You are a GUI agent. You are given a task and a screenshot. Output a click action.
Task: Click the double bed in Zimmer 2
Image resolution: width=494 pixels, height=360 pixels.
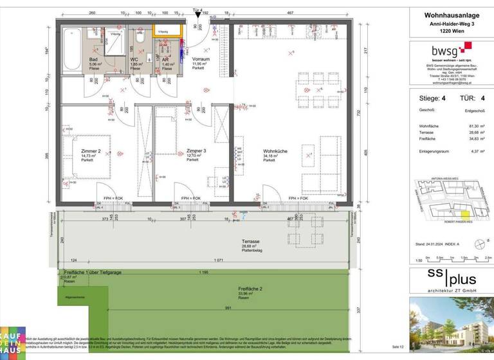pyautogui.click(x=87, y=152)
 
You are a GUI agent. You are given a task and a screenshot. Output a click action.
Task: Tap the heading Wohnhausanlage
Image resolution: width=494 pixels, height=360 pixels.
pyautogui.click(x=450, y=14)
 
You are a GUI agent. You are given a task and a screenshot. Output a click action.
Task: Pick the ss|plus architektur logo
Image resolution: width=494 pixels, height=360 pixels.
pyautogui.click(x=450, y=280)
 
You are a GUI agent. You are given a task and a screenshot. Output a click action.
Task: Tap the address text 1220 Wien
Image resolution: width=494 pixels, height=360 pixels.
pyautogui.click(x=450, y=31)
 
